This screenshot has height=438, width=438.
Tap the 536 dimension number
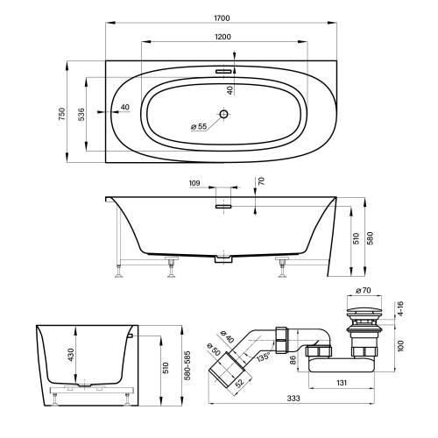[x=81, y=114]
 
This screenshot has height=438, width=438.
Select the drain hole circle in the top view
[x=223, y=114]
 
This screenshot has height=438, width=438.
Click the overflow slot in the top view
[x=223, y=73]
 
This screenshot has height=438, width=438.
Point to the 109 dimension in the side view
[x=194, y=182]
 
